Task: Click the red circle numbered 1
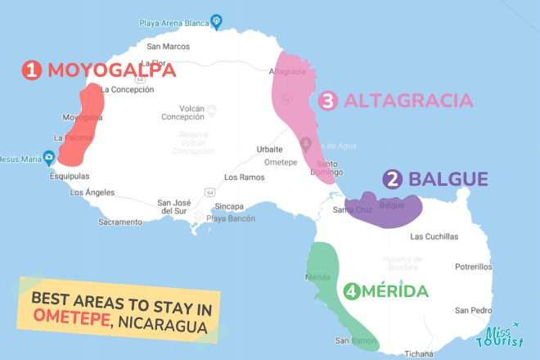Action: click(x=33, y=72)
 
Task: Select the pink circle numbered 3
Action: click(x=328, y=101)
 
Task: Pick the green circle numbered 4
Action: click(x=352, y=291)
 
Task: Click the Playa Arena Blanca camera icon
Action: click(x=216, y=20)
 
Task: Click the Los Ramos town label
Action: click(x=242, y=178)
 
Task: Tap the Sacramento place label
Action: click(x=120, y=222)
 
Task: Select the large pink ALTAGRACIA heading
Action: click(x=408, y=101)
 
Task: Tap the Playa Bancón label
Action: click(x=232, y=218)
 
